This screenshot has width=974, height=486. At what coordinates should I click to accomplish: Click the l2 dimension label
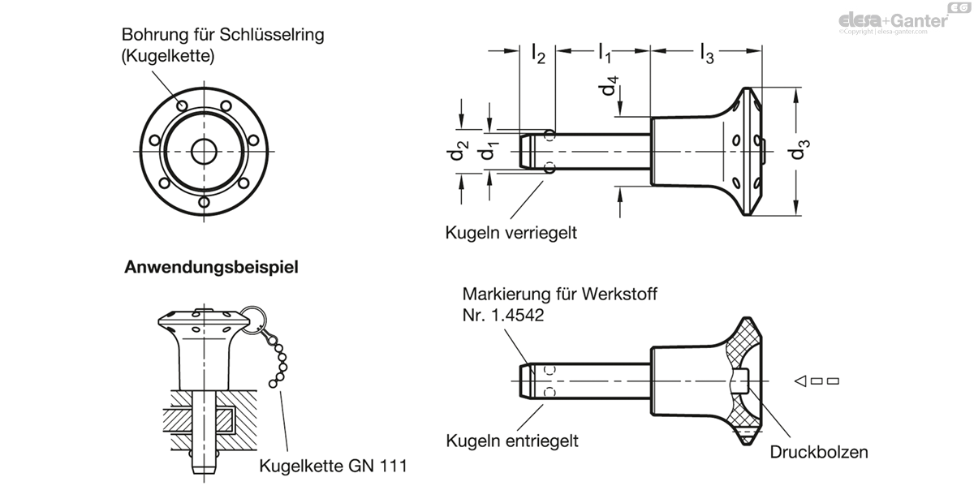tap(538, 54)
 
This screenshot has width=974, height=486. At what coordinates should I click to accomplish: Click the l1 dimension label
tap(605, 54)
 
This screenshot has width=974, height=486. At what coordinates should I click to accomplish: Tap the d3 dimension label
tap(799, 149)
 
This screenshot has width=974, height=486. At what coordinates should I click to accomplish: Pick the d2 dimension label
tap(459, 150)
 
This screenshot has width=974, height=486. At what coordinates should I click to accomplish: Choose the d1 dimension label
tap(489, 151)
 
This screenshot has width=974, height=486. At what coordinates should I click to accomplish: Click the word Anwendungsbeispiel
tap(211, 267)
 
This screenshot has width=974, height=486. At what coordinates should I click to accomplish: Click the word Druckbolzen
tap(819, 452)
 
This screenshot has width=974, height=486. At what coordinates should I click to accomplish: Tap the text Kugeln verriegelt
tap(511, 233)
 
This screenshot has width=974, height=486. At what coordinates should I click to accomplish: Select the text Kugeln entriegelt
tap(512, 441)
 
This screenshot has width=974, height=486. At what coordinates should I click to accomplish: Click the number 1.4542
tap(517, 316)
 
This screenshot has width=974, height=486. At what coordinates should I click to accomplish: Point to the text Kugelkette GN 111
tap(333, 466)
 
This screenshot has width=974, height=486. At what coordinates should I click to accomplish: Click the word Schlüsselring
tap(272, 35)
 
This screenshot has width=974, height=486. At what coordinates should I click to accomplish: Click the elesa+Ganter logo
tap(903, 19)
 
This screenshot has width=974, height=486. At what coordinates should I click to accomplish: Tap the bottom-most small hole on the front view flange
tap(204, 202)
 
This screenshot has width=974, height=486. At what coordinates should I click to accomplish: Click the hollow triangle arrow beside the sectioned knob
tap(800, 381)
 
